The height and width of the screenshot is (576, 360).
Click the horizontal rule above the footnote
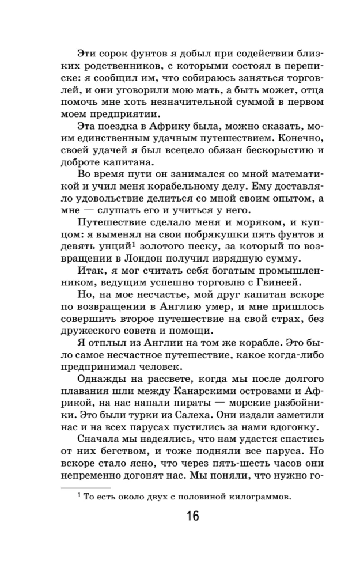(85, 487)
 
